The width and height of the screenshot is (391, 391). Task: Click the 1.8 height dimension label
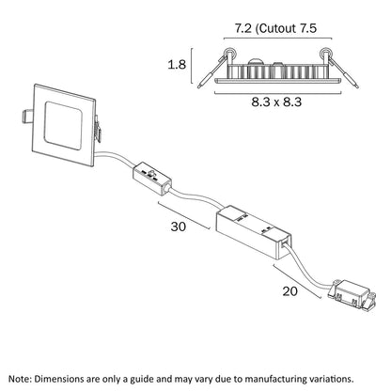[x=177, y=65]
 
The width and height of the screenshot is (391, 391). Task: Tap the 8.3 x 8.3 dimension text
[x=276, y=102]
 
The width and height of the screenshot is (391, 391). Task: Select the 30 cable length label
[x=179, y=227]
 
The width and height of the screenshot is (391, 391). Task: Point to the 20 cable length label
[x=289, y=291]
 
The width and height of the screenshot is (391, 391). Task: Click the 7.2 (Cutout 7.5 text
[x=276, y=28]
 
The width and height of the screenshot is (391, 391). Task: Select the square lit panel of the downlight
[x=63, y=125]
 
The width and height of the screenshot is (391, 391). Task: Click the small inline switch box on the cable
[x=151, y=179]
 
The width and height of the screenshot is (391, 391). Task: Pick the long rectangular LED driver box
[x=253, y=232]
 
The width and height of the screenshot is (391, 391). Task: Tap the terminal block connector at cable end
[x=351, y=296]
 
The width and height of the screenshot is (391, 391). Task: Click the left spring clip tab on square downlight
[x=27, y=116]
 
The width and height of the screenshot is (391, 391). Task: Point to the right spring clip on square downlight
[x=98, y=129]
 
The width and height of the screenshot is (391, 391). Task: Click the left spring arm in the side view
[x=211, y=72]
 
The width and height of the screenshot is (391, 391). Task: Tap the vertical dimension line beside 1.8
[x=192, y=66]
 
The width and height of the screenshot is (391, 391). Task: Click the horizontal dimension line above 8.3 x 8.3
[x=277, y=92]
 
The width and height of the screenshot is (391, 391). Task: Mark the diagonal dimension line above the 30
[x=183, y=215]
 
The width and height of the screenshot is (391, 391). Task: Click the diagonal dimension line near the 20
[x=297, y=282]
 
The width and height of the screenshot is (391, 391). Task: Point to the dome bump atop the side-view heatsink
[x=257, y=61]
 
